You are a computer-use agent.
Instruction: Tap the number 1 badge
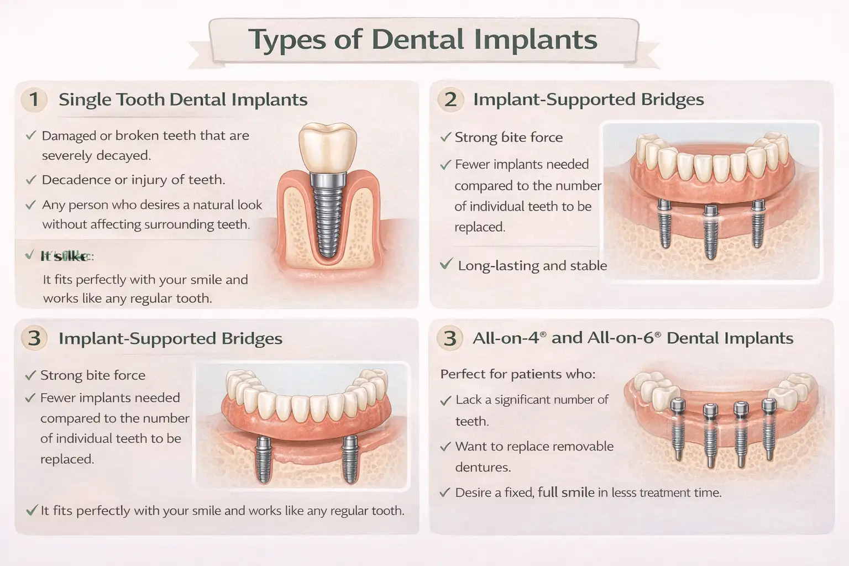click(x=34, y=99)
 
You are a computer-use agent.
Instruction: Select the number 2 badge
click(x=450, y=99)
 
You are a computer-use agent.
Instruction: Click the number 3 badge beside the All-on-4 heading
click(x=450, y=338)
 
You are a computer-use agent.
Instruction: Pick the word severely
click(x=67, y=155)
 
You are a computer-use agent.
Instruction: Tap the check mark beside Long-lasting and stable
click(x=446, y=265)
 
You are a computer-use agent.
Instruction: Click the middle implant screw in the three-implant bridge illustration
click(x=711, y=235)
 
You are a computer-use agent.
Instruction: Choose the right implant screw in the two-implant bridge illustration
click(x=349, y=459)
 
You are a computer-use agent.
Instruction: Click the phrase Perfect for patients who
click(x=517, y=374)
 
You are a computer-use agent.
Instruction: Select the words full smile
click(x=566, y=492)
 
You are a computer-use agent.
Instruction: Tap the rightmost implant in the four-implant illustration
click(x=768, y=428)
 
